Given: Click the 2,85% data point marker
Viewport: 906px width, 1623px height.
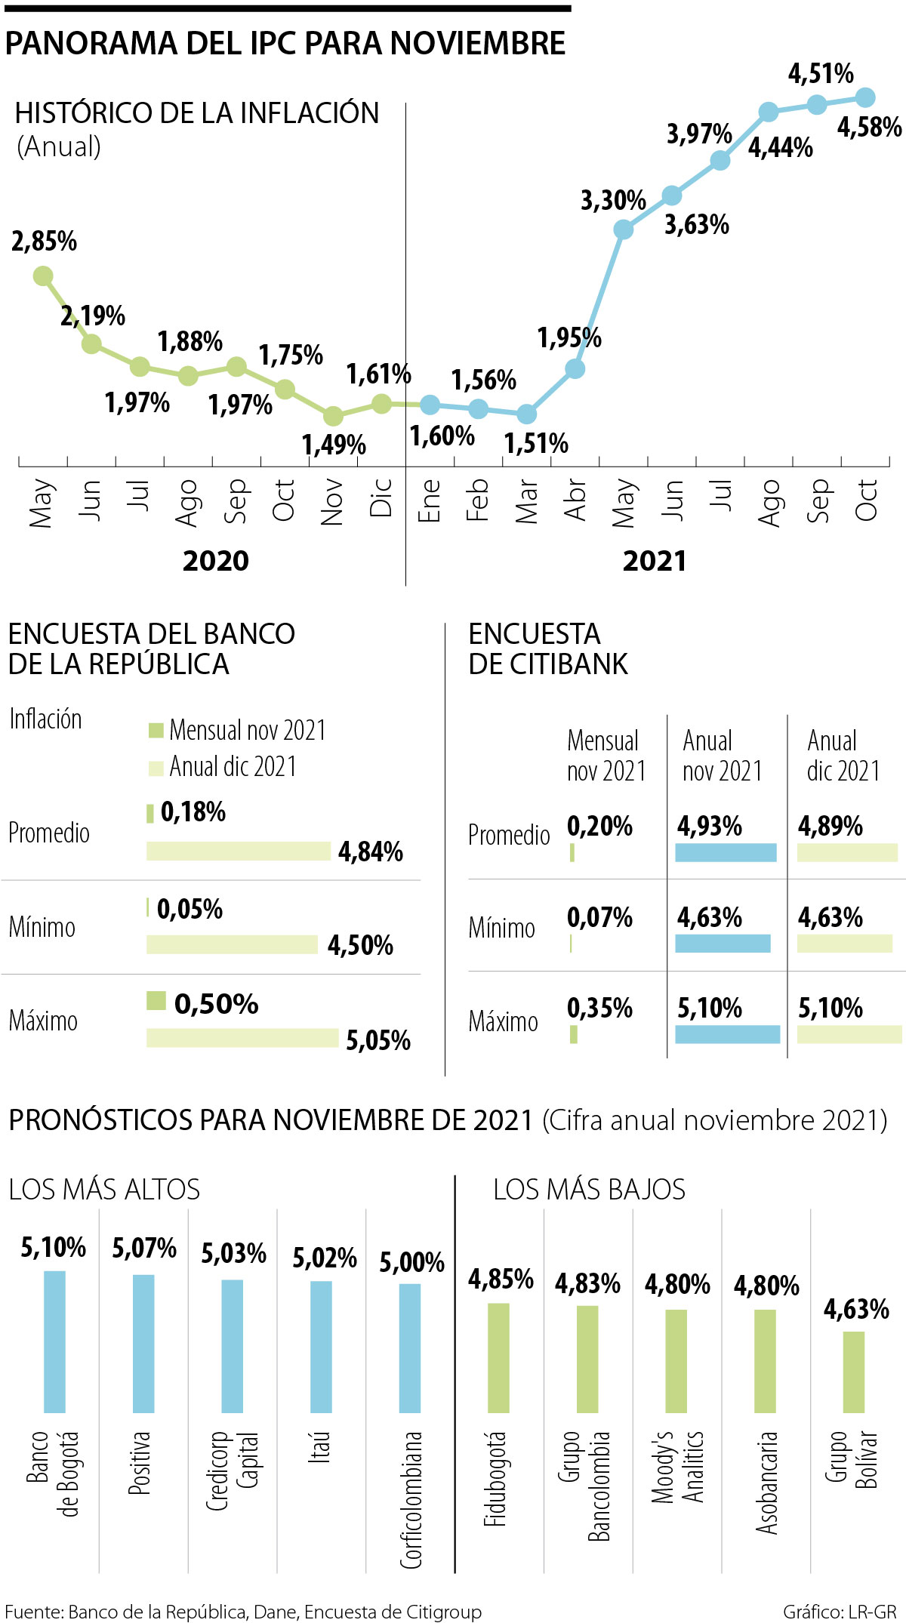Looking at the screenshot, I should tap(43, 276).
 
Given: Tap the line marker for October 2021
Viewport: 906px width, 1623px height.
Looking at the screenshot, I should tap(865, 97).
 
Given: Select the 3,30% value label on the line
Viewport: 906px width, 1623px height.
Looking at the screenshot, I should tap(613, 201).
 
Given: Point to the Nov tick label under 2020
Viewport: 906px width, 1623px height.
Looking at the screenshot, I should tap(332, 502).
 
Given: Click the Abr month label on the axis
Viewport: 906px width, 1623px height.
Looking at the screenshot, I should tap(575, 499).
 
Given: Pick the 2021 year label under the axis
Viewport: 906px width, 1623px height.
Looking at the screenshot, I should tap(655, 561).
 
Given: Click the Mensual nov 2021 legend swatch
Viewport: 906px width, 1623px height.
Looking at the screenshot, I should tap(156, 730).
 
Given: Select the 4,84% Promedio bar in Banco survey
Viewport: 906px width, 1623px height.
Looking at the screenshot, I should tap(239, 851).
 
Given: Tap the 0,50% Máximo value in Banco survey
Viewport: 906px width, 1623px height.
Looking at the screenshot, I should tap(216, 1004).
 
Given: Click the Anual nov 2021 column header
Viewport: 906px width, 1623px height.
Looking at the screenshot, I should tap(723, 755).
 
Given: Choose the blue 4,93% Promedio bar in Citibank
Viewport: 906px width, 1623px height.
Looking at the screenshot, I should tap(726, 852).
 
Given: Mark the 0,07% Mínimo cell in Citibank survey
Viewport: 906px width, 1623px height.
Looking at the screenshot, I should tap(599, 917).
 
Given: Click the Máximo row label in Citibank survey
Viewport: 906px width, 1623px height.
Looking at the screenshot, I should tap(503, 1021).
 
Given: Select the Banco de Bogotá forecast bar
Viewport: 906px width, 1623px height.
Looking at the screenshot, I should tap(54, 1341).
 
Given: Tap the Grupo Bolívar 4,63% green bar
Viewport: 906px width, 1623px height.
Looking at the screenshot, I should tap(853, 1372).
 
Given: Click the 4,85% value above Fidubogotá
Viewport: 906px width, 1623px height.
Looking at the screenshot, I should tap(501, 1279).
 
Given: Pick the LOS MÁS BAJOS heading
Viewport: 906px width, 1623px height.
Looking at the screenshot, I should tap(589, 1190).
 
